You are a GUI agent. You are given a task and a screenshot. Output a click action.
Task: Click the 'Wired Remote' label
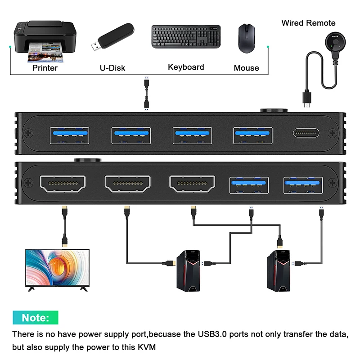coord(308,23)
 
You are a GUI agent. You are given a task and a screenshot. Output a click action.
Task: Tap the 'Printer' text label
coord(45,68)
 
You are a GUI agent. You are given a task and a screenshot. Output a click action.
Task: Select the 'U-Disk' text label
coord(112,68)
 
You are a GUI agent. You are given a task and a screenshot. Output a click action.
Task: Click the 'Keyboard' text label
coord(186,67)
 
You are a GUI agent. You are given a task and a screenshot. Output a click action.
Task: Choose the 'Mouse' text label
coord(246,68)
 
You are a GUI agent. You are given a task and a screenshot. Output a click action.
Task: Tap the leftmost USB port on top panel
coord(69,135)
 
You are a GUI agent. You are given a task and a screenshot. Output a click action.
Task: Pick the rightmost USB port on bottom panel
coord(303,184)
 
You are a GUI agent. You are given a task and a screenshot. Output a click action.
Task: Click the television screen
coord(58,269)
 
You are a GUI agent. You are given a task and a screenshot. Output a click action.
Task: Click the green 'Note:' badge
coord(36,318)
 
